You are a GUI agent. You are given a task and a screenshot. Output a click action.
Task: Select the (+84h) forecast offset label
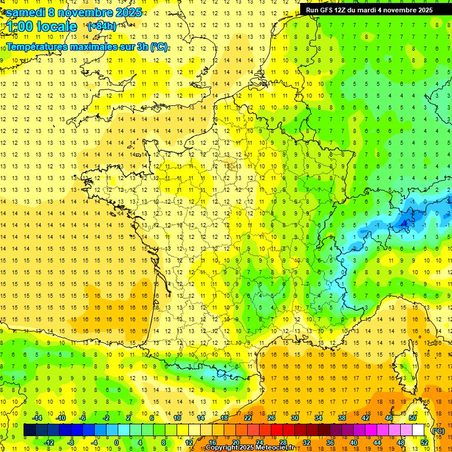101,26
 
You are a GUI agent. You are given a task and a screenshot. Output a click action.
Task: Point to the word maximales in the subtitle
99,46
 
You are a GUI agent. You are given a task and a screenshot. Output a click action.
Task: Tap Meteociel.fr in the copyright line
274,448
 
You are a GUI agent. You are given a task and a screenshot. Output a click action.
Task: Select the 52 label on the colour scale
424,443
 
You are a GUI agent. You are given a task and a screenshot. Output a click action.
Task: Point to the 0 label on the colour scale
117,443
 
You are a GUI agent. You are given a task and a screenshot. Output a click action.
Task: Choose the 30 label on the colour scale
294,418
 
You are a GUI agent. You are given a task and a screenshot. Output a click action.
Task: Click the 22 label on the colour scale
248,418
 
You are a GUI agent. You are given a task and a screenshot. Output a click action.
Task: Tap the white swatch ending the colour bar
418,430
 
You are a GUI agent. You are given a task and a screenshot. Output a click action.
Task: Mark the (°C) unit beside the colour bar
438,431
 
